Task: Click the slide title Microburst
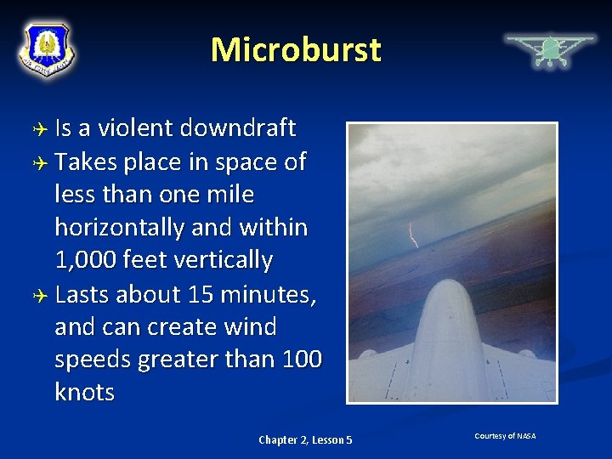click(296, 49)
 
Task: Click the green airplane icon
click(550, 50)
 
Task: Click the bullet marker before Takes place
click(38, 162)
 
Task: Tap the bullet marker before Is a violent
click(38, 129)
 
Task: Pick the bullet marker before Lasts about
click(38, 295)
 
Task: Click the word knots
click(84, 393)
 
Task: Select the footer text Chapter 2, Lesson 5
click(305, 439)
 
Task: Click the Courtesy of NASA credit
click(505, 436)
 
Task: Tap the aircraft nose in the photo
click(451, 297)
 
